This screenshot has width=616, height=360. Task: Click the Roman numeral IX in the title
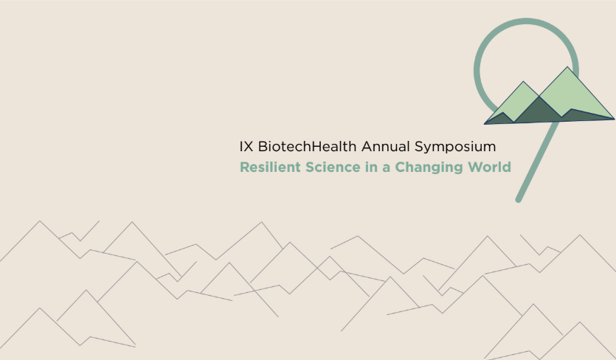246,147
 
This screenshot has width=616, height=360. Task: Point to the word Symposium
455,148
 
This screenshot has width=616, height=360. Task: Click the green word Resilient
270,167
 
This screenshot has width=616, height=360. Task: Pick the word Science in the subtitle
333,167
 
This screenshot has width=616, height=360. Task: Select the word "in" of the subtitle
372,167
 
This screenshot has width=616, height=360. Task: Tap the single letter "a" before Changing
387,169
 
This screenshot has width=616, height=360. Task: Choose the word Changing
429,167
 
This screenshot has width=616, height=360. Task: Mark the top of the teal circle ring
526,21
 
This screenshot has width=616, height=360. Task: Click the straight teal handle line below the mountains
536,161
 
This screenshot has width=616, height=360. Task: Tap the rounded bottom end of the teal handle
519,200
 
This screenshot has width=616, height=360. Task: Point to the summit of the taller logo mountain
567,67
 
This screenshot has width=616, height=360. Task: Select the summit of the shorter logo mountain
523,82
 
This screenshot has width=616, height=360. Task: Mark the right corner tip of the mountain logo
615,119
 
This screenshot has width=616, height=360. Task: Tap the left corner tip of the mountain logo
485,124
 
